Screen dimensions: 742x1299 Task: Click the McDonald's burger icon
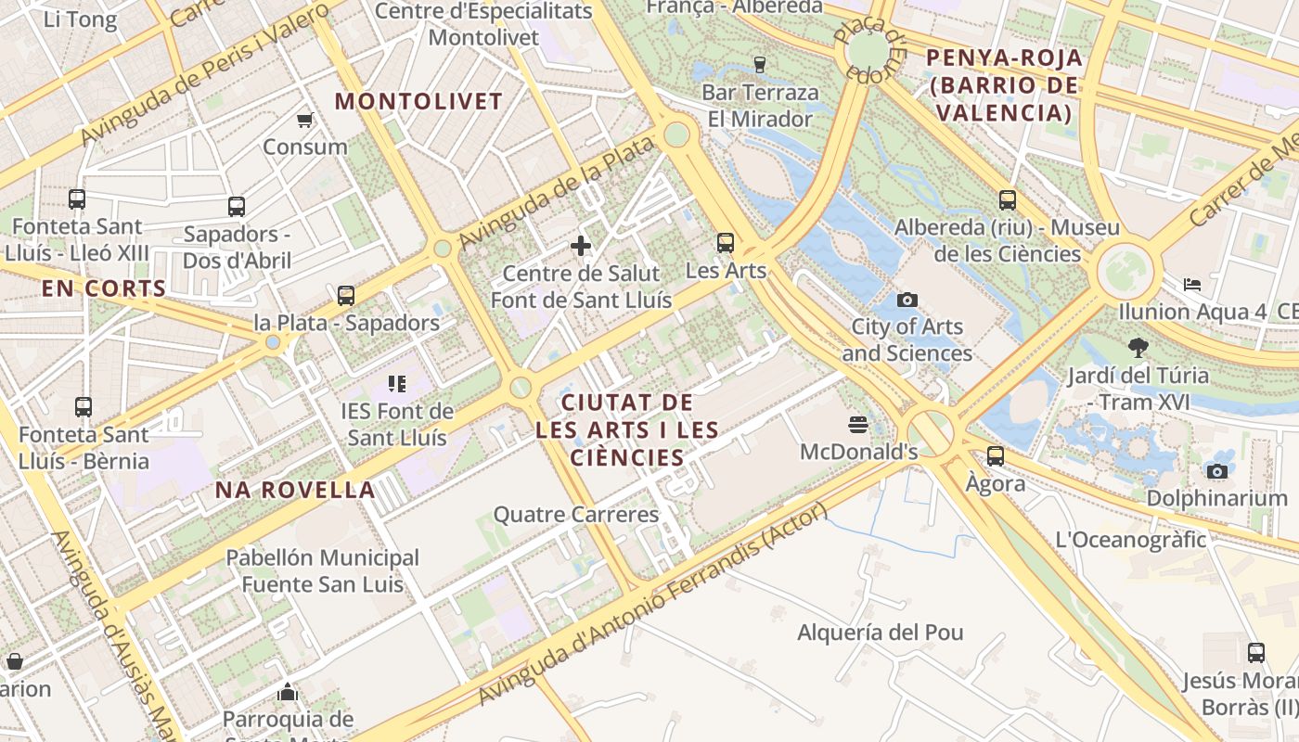(x=858, y=425)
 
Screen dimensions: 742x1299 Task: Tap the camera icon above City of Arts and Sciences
(x=907, y=300)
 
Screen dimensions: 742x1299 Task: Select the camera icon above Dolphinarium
(x=1217, y=471)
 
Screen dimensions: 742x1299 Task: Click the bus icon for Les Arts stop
(x=726, y=243)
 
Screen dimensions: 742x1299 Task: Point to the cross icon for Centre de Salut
(x=581, y=246)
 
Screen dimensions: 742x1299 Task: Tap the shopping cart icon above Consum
(x=304, y=120)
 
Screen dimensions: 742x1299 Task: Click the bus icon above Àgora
(x=996, y=455)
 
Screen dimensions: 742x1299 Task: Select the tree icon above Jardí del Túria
(x=1138, y=348)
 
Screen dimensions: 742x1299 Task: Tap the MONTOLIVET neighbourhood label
(x=418, y=101)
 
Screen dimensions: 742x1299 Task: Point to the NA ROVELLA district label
(x=295, y=490)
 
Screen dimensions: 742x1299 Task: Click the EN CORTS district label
(x=104, y=288)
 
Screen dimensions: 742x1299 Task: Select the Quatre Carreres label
(x=575, y=514)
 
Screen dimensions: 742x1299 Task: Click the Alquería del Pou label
(x=881, y=633)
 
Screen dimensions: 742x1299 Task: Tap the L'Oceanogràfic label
(x=1130, y=539)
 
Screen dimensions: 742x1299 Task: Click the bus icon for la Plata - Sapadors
(x=346, y=296)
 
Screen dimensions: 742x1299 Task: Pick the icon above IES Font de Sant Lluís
(x=397, y=383)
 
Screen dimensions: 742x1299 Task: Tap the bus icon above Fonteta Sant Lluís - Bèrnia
(x=84, y=406)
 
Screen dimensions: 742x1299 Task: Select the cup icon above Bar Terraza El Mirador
(x=760, y=64)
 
